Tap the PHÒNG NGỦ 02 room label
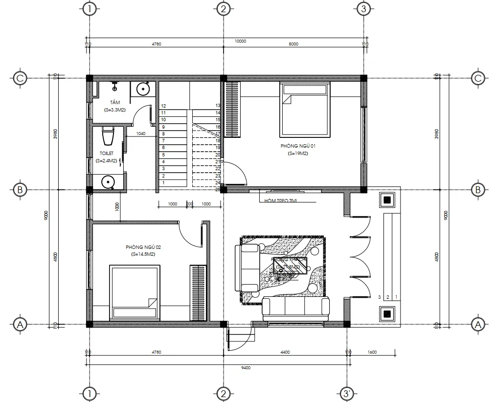click(x=143, y=247)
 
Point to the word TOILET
click(x=107, y=154)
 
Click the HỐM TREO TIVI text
click(x=280, y=201)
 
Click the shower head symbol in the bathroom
click(x=115, y=88)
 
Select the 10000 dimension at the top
click(x=240, y=41)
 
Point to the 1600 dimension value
click(x=372, y=352)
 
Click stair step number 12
click(x=163, y=106)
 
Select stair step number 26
click(x=217, y=189)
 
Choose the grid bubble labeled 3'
click(x=346, y=393)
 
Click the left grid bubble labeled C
click(x=20, y=78)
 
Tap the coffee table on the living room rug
click(x=291, y=267)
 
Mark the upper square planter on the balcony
click(x=387, y=200)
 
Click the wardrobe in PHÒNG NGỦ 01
click(x=232, y=110)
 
